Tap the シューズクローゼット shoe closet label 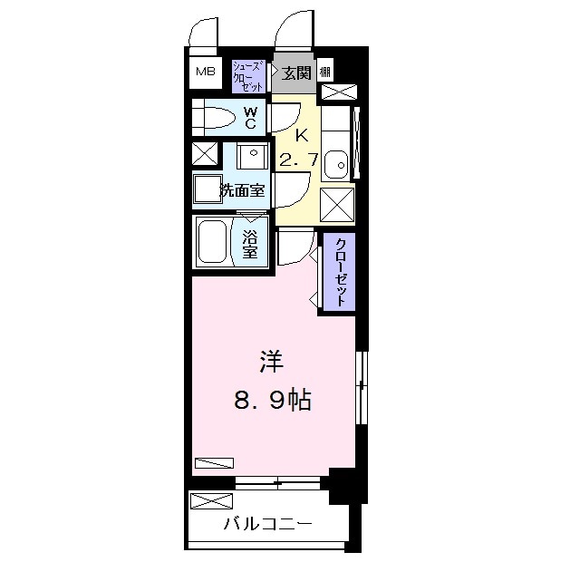click(248, 75)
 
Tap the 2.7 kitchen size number click(298, 161)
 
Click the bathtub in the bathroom click(213, 241)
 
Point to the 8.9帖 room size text click(273, 400)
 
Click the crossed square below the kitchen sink click(337, 205)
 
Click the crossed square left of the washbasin click(205, 154)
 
